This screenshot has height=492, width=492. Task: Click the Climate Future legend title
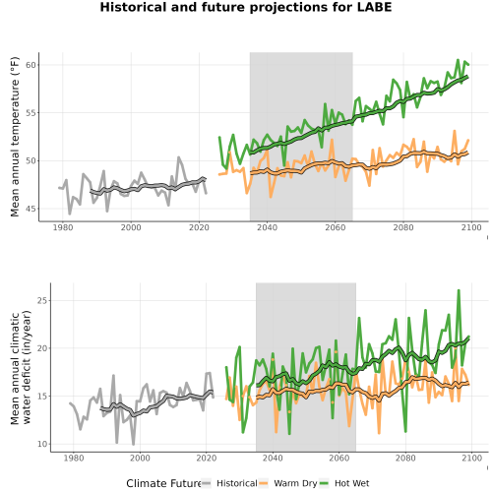click(163, 483)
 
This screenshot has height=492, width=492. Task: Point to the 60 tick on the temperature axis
click(31, 65)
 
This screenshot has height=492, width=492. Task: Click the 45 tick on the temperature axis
click(31, 209)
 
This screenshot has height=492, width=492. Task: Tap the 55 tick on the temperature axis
click(31, 113)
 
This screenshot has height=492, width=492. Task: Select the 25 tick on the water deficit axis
click(42, 300)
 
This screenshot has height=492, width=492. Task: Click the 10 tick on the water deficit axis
click(42, 444)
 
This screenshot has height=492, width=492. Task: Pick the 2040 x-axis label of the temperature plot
click(268, 227)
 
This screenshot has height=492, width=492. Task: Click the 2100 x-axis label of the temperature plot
click(471, 227)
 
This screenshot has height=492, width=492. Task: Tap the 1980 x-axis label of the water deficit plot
click(74, 458)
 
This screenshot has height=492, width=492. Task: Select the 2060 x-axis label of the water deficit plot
click(339, 458)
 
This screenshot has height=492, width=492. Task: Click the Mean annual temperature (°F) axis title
click(15, 137)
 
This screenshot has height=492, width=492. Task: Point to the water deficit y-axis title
click(21, 367)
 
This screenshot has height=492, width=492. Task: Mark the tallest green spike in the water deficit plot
click(459, 290)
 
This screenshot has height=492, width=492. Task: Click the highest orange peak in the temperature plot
click(455, 131)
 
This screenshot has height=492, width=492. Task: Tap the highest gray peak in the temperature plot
click(179, 157)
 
